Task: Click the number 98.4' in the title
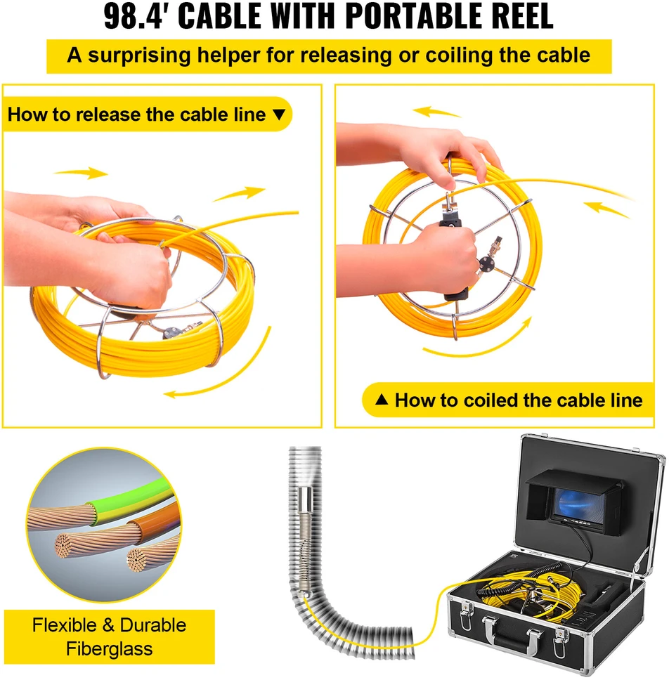pos(136,16)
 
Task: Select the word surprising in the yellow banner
pos(139,56)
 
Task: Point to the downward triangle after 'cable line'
pos(279,115)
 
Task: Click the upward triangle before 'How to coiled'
pos(382,399)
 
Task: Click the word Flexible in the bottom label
pos(65,625)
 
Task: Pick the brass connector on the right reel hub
pos(494,249)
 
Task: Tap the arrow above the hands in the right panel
pos(436,112)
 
